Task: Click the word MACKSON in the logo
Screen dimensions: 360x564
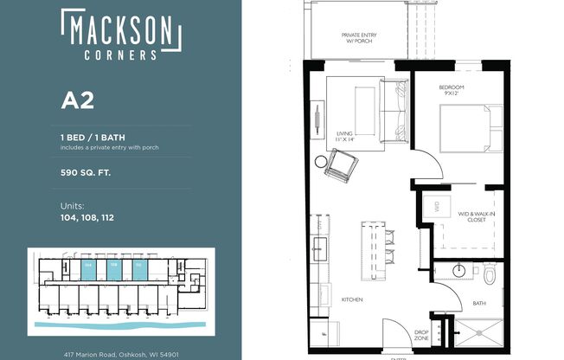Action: pos(120,31)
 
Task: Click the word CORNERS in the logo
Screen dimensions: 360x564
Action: pos(120,54)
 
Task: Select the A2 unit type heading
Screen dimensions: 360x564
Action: pos(77,100)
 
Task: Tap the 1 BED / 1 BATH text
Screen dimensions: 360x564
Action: pos(96,137)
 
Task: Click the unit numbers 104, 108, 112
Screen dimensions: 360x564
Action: pos(87,217)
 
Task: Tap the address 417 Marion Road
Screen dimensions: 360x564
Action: pos(120,354)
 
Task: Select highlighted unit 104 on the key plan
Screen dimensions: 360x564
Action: pos(88,267)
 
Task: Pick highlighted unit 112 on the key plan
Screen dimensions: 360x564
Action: pos(138,267)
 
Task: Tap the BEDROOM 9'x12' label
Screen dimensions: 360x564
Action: pos(451,91)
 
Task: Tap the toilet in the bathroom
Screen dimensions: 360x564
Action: pos(489,274)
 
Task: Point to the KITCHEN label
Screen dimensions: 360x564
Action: pos(350,299)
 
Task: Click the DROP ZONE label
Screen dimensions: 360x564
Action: pos(421,334)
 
